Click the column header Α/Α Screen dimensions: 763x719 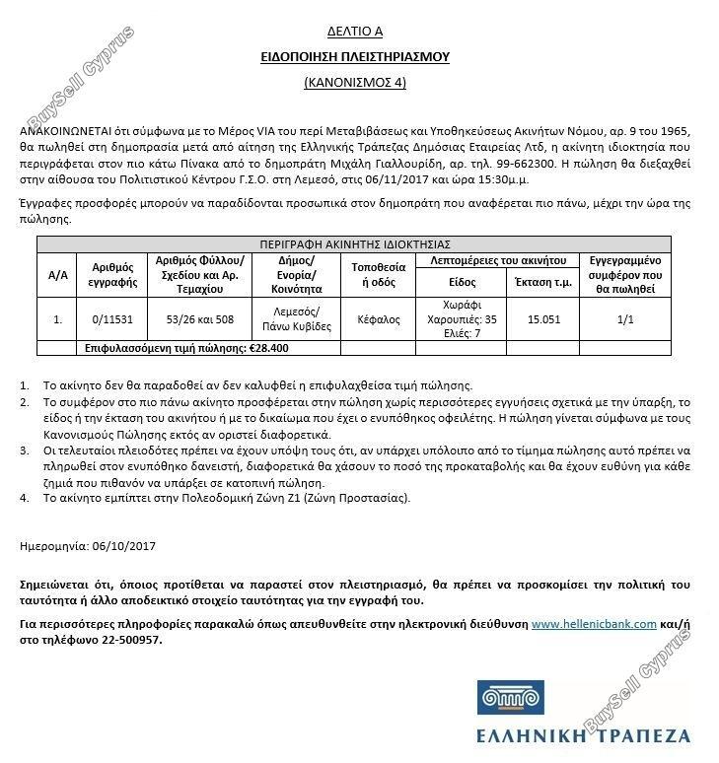[57, 274]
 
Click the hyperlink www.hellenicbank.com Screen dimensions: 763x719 [594, 624]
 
